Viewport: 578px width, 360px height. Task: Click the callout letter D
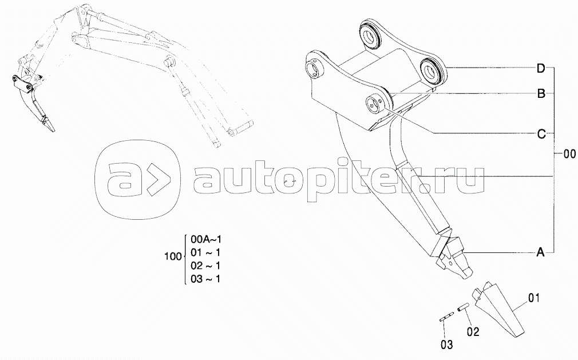pos(540,69)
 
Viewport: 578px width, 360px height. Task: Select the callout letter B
pos(540,93)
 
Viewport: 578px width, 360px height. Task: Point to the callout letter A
pos(540,252)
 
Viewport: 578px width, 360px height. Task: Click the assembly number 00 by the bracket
pos(569,153)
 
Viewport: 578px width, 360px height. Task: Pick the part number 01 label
pos(533,298)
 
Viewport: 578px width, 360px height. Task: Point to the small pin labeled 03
pos(447,317)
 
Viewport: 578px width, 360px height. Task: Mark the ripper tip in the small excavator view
pos(52,126)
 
